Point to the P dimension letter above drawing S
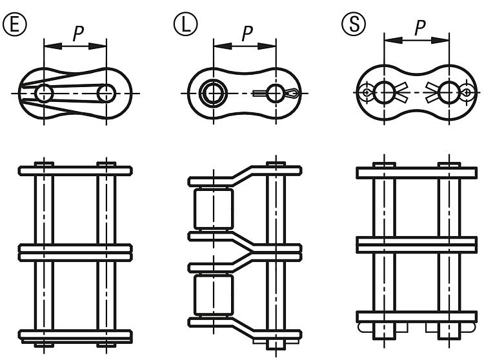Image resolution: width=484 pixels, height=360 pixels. [420, 28]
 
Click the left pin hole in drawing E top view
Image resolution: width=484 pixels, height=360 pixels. [44, 93]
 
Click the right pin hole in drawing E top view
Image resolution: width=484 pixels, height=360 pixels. [105, 93]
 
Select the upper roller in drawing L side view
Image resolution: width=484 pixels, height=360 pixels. [212, 209]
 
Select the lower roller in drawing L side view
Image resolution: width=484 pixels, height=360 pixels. [212, 296]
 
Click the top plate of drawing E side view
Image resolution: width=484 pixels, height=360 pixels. [76, 171]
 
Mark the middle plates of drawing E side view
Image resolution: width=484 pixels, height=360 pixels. [76, 252]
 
